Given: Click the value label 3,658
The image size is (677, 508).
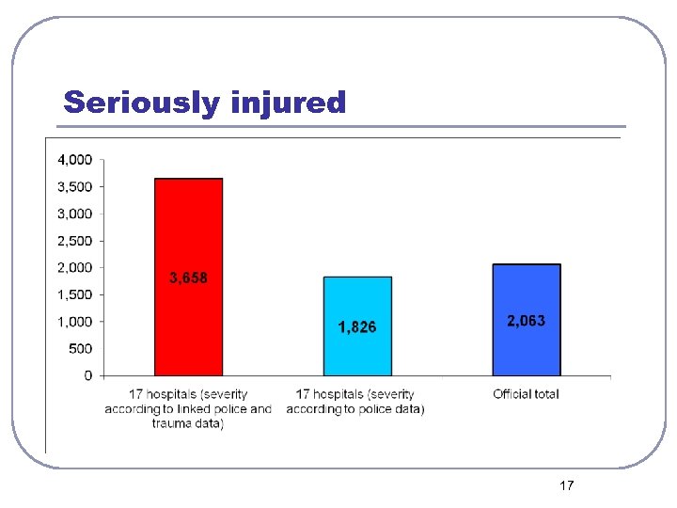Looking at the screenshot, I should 188,278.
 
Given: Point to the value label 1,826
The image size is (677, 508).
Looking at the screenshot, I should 357,327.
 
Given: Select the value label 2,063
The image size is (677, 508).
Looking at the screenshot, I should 526,321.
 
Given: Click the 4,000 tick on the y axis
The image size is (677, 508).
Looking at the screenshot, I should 75,159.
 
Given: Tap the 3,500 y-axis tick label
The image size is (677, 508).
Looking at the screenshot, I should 75,186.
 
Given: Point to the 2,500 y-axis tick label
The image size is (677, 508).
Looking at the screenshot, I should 75,241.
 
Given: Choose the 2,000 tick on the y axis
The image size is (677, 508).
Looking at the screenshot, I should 75,267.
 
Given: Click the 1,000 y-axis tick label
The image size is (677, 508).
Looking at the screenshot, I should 75,322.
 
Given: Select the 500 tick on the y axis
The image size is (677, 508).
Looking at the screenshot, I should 82,349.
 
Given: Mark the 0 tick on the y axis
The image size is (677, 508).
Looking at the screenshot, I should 88,376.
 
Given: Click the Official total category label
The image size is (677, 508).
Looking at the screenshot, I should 526,394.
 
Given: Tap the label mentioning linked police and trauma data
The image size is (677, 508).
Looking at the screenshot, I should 188,409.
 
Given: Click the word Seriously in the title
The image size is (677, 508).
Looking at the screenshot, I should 140,102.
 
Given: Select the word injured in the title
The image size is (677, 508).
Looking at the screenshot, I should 287,102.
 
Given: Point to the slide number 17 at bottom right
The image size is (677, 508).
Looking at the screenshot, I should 566,485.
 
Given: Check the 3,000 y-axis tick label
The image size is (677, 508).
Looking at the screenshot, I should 75,214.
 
